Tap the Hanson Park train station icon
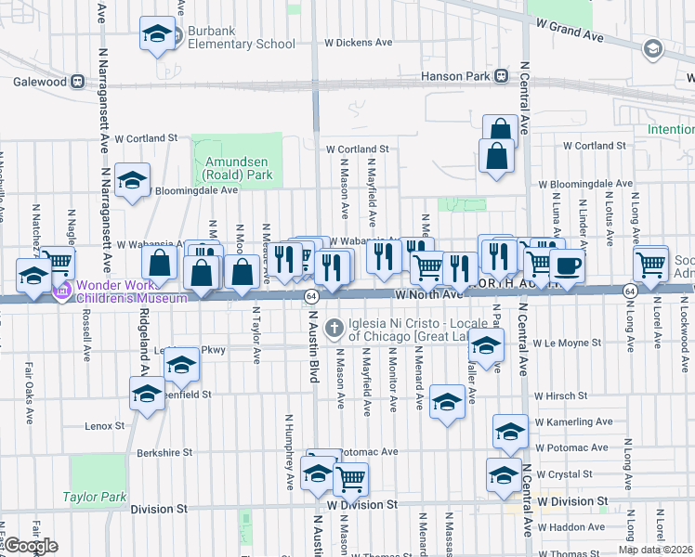pos(501,75)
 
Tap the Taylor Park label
pos(95,497)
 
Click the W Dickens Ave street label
pos(359,43)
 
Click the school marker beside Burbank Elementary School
pos(157,34)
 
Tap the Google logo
pos(31,545)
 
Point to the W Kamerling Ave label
pos(573,421)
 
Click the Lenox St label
pos(104,426)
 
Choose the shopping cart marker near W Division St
pos(350,479)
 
